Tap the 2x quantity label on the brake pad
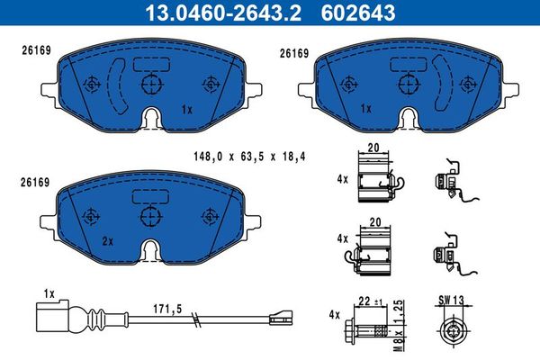[x=107, y=241]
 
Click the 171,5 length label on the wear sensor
[x=167, y=309]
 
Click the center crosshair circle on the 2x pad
[x=150, y=216]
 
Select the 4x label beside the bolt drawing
[x=335, y=315]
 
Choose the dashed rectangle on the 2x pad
[x=150, y=196]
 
